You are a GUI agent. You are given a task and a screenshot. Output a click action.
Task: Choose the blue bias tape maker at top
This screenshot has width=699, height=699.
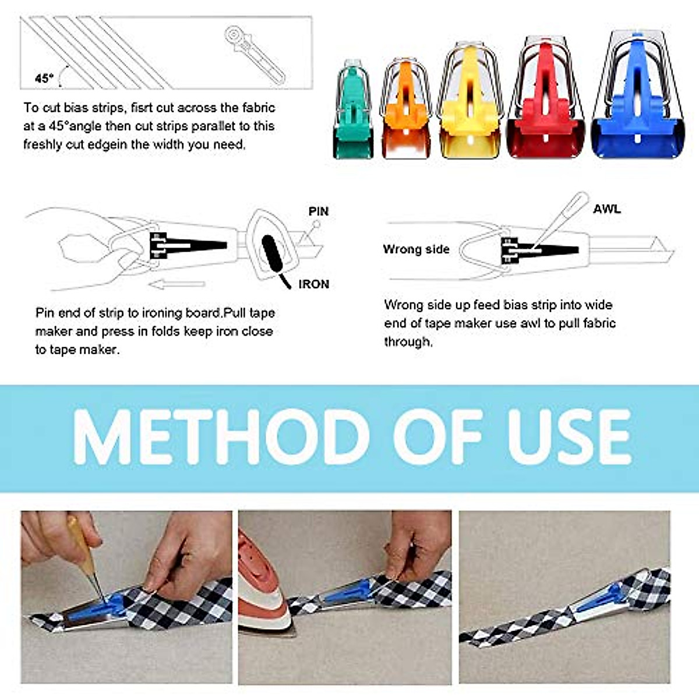pyautogui.click(x=637, y=96)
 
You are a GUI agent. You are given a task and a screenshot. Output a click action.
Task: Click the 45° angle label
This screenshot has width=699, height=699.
pyautogui.click(x=44, y=78)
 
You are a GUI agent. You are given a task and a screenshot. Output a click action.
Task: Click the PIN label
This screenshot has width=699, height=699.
pyautogui.click(x=319, y=211)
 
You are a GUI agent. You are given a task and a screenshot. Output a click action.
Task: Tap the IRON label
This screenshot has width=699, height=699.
pyautogui.click(x=313, y=284)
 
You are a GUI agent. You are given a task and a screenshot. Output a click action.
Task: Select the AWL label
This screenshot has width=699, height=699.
pyautogui.click(x=606, y=209)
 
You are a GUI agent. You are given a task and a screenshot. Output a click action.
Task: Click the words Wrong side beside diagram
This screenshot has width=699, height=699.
pyautogui.click(x=416, y=249)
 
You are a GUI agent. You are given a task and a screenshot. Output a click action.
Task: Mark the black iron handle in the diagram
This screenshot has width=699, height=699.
pyautogui.click(x=273, y=254)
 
